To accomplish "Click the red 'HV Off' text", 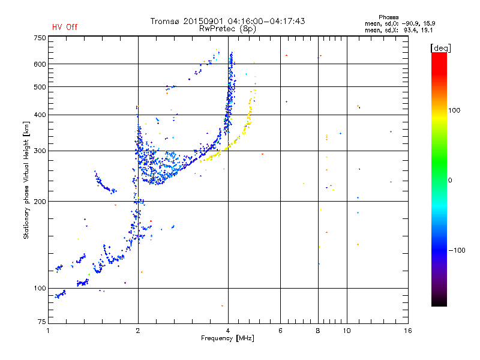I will coord(64,27).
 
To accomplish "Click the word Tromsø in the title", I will coord(166,21).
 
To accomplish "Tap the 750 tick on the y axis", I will coord(40,38).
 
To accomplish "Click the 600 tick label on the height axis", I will coord(40,64).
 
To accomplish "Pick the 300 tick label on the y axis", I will coord(40,151).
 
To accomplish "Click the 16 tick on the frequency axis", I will coord(407,331).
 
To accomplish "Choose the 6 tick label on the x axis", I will coord(280,331).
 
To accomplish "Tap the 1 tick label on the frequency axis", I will coord(48,331).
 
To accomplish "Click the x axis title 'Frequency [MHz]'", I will coord(228,338).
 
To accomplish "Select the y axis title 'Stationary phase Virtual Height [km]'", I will coord(26,180).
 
